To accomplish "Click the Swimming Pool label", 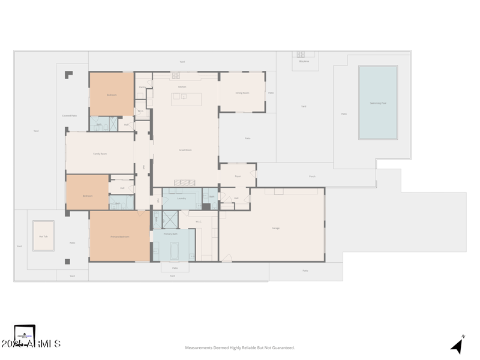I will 378,103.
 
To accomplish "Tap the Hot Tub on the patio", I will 43,236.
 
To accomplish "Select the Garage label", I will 275,228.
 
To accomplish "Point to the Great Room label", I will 185,150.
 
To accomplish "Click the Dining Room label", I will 242,92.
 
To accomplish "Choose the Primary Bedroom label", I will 119,236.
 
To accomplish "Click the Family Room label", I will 100,154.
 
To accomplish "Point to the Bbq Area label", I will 304,61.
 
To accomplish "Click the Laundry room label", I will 181,198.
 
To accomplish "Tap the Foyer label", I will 238,176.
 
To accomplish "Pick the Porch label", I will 311,176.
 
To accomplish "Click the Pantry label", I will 142,88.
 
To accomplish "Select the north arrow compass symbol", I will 457,345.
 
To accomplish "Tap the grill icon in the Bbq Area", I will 301,55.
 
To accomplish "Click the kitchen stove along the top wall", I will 176,76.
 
